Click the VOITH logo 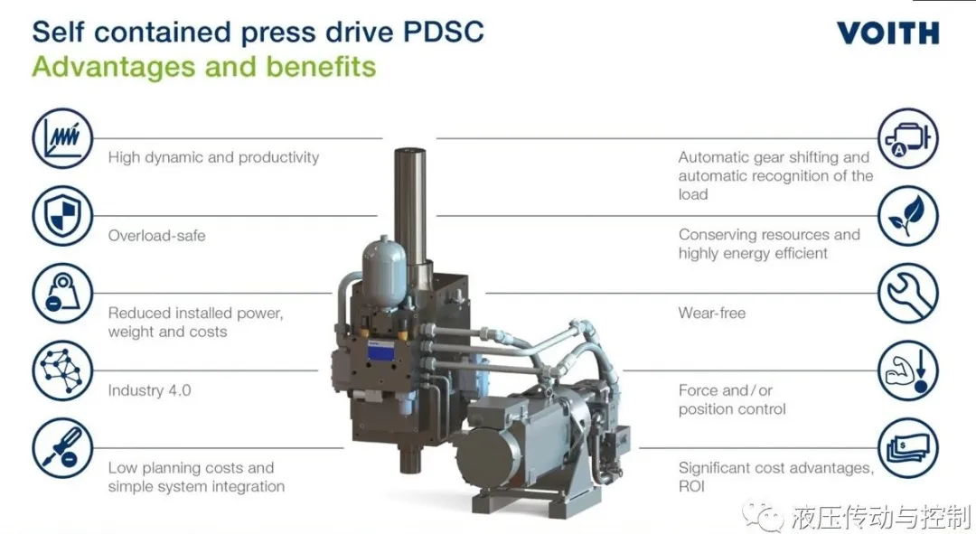887,33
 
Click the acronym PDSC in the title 443,32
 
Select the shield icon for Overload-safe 62,216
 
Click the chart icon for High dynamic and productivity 62,138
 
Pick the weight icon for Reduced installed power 62,293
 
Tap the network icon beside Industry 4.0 62,370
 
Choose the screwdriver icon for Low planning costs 62,448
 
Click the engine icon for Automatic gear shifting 908,138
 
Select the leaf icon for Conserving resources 908,216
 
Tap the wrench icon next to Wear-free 908,293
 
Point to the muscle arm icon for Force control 908,370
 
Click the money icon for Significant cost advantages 908,448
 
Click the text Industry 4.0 149,390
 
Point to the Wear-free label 711,313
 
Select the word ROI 691,486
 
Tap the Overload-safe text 156,235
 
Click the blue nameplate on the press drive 381,352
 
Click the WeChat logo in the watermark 764,514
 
